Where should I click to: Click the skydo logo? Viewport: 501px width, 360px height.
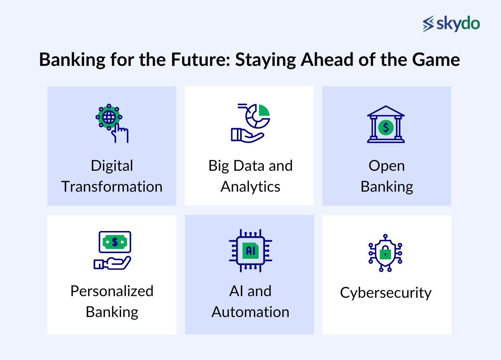point(451,24)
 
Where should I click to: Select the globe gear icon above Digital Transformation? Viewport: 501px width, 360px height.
point(109,117)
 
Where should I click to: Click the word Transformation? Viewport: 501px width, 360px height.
point(112,187)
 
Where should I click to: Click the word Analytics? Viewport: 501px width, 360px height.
point(250,187)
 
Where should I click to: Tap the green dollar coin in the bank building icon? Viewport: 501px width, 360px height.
point(386,128)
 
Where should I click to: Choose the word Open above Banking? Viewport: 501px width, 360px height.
point(386,166)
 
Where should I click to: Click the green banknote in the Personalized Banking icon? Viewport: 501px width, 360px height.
point(115,242)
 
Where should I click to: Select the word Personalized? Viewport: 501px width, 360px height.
point(112,291)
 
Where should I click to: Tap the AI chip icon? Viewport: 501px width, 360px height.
point(250,251)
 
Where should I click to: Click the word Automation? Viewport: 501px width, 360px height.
point(250,312)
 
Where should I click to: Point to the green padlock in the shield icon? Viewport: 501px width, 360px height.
point(386,253)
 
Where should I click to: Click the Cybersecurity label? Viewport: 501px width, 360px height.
point(386,293)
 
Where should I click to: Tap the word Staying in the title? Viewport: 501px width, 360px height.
point(266,60)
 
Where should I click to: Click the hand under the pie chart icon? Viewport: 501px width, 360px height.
point(246,135)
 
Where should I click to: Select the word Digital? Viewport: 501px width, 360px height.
point(112,166)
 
